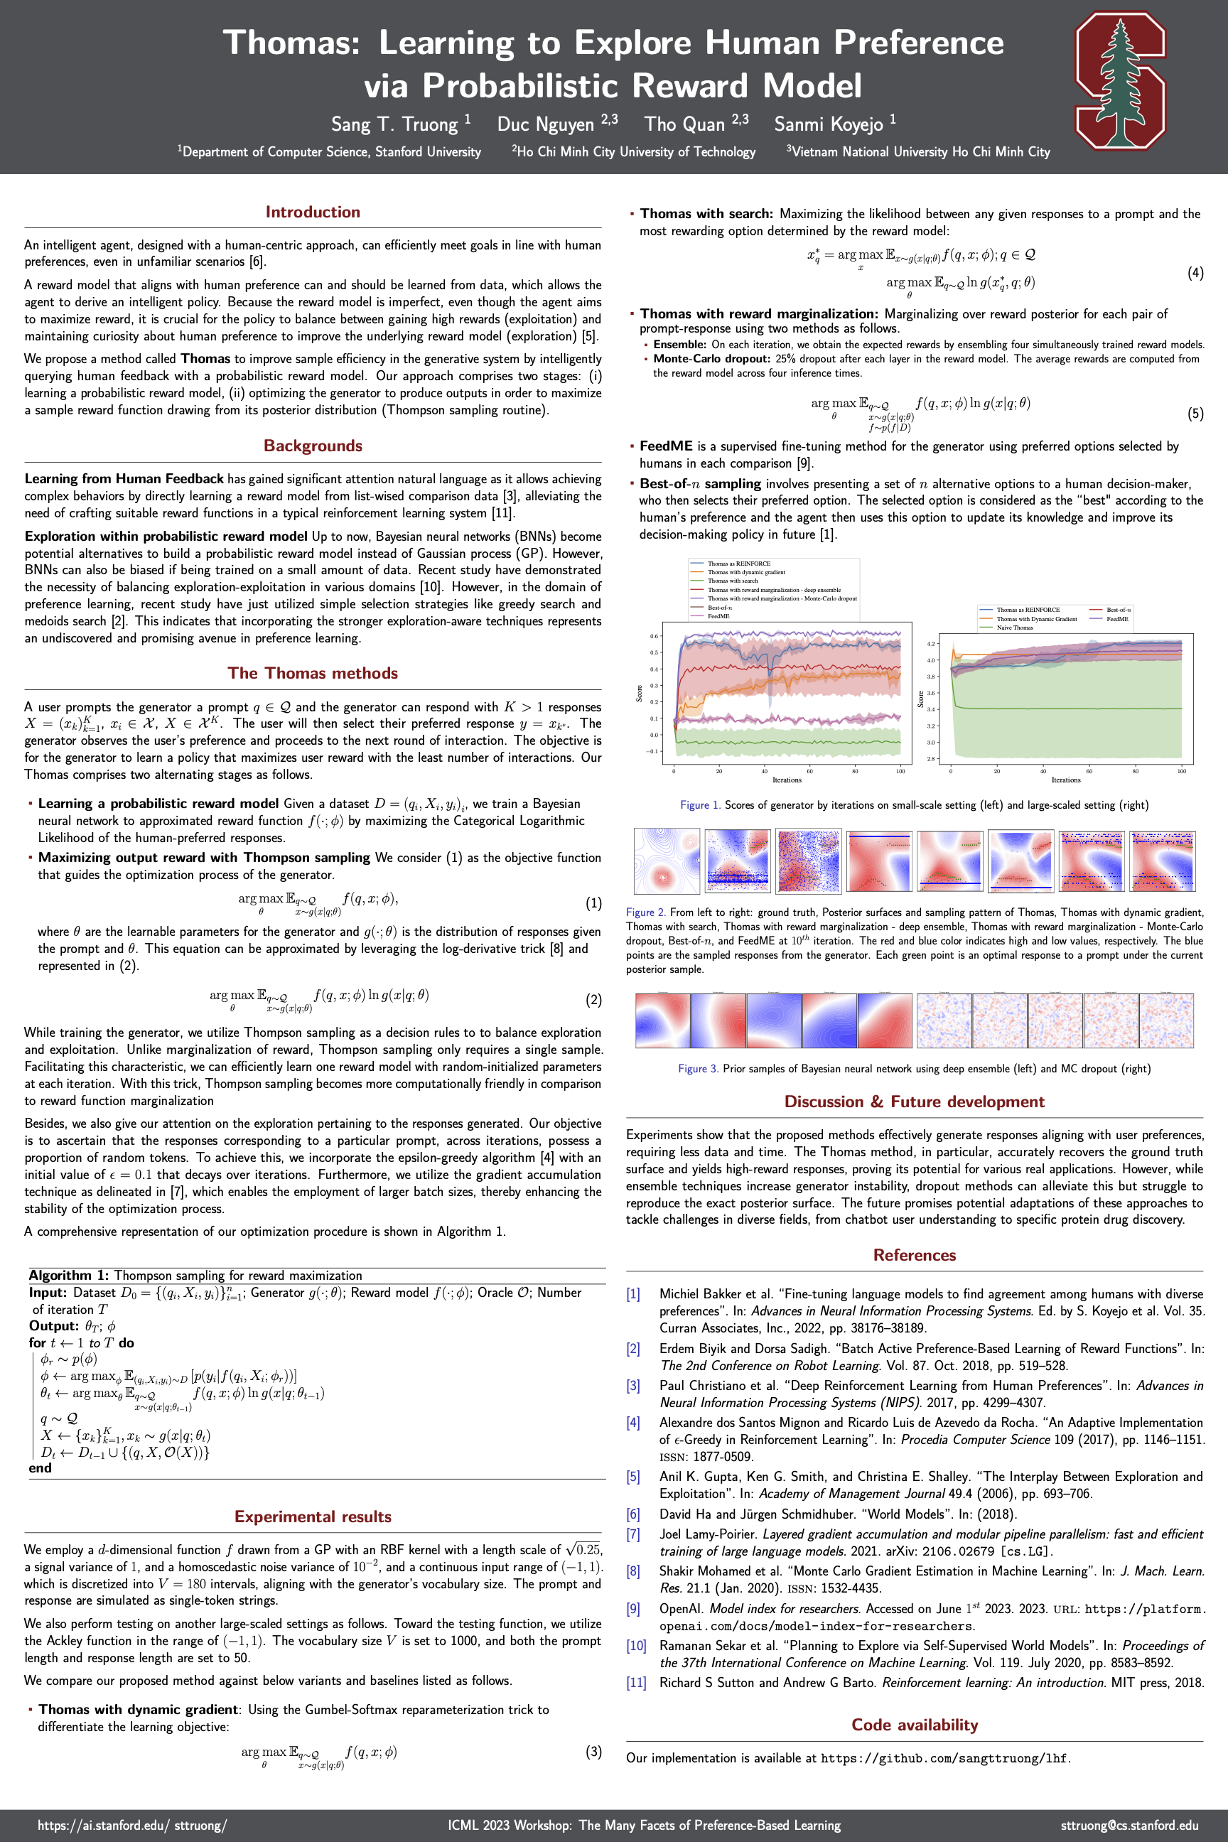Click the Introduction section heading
pyautogui.click(x=313, y=212)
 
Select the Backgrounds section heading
pyautogui.click(x=313, y=446)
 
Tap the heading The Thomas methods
pyautogui.click(x=313, y=673)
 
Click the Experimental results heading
pyautogui.click(x=313, y=1517)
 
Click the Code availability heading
pyautogui.click(x=914, y=1725)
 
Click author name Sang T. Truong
pyautogui.click(x=400, y=124)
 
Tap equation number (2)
pyautogui.click(x=593, y=999)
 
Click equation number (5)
pyautogui.click(x=1195, y=414)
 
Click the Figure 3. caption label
pyautogui.click(x=698, y=1068)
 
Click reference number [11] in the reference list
pyautogui.click(x=636, y=1682)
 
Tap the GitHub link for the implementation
pyautogui.click(x=943, y=1758)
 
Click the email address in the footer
pyautogui.click(x=1129, y=1825)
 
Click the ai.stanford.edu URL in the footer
pyautogui.click(x=132, y=1825)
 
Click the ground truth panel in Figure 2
pyautogui.click(x=666, y=861)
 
